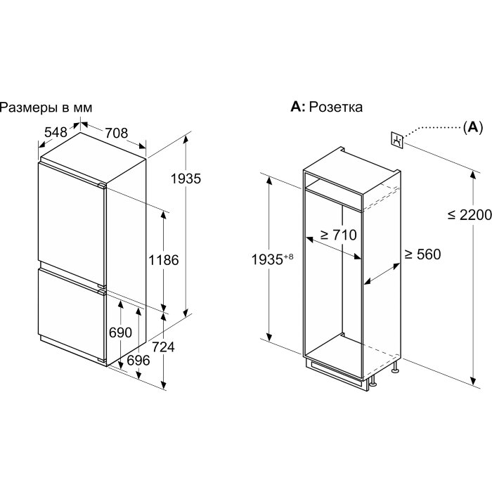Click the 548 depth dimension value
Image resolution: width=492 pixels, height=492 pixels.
pyautogui.click(x=56, y=132)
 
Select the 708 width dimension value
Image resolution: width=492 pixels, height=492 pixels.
pyautogui.click(x=117, y=133)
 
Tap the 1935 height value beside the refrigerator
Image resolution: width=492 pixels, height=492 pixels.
pyautogui.click(x=186, y=179)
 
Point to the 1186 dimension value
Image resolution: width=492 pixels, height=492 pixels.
pyautogui.click(x=164, y=260)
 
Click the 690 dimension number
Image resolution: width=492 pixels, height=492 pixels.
pyautogui.click(x=120, y=332)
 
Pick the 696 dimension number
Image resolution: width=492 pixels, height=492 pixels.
pyautogui.click(x=138, y=360)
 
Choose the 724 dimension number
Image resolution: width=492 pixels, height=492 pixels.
pyautogui.click(x=163, y=347)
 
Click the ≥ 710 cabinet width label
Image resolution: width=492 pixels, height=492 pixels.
pyautogui.click(x=338, y=235)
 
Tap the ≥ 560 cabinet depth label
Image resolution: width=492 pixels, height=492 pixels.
pyautogui.click(x=422, y=254)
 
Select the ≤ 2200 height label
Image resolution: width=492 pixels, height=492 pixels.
pyautogui.click(x=470, y=215)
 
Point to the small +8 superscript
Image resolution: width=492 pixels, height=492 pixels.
pyautogui.click(x=288, y=257)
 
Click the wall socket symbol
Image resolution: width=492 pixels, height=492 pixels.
pyautogui.click(x=397, y=140)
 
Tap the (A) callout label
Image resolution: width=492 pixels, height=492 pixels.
pyautogui.click(x=473, y=127)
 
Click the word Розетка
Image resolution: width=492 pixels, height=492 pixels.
pyautogui.click(x=336, y=107)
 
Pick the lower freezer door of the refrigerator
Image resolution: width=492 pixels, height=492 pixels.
pyautogui.click(x=71, y=313)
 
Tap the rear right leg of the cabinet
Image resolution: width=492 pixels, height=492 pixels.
pyautogui.click(x=395, y=366)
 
